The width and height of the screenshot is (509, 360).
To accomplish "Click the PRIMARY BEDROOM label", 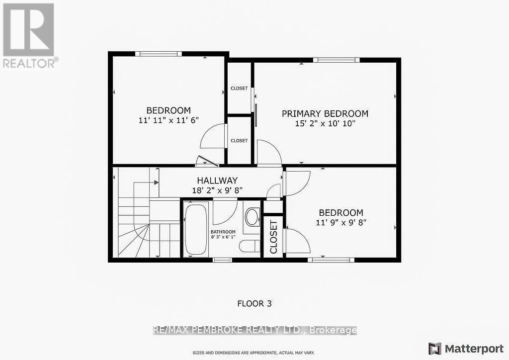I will [x=325, y=113].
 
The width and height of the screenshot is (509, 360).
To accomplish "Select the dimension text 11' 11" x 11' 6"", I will [x=168, y=120].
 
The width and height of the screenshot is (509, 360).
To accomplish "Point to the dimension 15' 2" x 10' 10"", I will [x=325, y=123].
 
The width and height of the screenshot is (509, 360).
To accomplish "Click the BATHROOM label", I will [x=223, y=232].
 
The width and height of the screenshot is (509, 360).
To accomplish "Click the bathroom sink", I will [x=252, y=217].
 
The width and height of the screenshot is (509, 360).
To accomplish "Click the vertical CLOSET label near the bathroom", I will [x=273, y=237].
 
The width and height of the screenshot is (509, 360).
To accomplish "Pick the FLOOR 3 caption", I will [x=254, y=303].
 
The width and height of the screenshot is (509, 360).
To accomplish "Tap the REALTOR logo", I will [x=28, y=35].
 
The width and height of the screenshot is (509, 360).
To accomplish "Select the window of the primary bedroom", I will [x=336, y=60].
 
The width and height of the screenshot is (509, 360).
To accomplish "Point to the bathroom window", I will [x=222, y=259].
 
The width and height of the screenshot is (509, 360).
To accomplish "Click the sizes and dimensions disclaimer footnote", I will [x=254, y=353].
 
